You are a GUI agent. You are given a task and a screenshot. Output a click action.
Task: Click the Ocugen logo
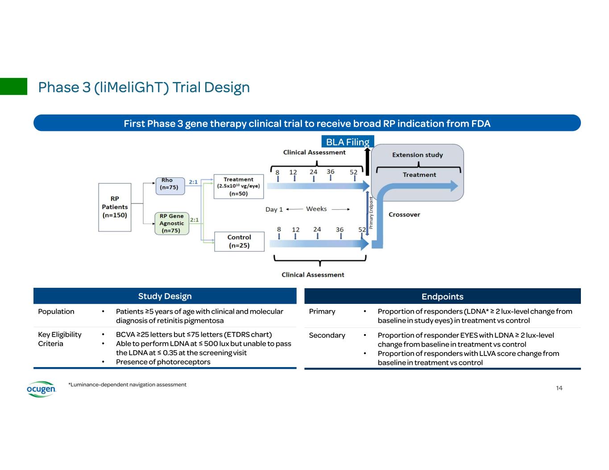click(41, 389)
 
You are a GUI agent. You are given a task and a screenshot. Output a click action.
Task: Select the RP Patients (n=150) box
click(115, 207)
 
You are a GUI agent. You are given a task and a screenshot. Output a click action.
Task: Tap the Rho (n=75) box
click(169, 184)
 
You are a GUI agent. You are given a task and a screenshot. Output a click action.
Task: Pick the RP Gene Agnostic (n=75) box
click(172, 223)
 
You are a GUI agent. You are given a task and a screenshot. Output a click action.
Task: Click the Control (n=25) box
click(239, 241)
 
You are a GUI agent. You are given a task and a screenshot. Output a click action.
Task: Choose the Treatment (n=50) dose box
click(239, 187)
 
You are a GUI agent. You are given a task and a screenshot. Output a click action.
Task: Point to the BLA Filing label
click(348, 142)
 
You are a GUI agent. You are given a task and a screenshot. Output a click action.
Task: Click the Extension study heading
click(417, 155)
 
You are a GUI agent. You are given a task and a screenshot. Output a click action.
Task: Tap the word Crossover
click(404, 215)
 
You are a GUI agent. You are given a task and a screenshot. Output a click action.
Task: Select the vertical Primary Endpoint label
click(371, 213)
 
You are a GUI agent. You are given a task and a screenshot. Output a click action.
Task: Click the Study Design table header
click(165, 296)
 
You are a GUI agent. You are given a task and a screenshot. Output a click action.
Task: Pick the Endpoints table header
click(442, 297)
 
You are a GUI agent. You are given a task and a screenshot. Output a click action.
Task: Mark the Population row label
click(56, 311)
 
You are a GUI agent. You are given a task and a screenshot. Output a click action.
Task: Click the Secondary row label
click(327, 335)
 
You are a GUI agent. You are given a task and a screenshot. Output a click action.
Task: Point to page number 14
click(559, 388)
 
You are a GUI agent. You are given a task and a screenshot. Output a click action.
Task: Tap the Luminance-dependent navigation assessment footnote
click(128, 384)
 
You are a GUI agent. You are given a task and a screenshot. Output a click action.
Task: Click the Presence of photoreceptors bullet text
click(163, 362)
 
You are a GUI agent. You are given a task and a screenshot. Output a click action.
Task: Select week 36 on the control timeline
click(340, 230)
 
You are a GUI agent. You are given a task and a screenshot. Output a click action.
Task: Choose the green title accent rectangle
click(13, 86)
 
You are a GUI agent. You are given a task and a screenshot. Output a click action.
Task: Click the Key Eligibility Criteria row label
click(60, 339)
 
